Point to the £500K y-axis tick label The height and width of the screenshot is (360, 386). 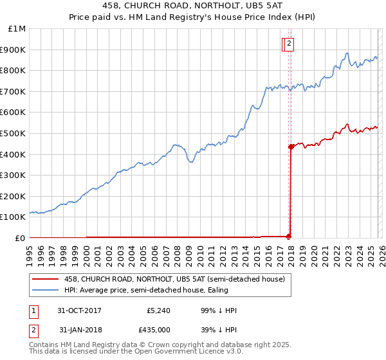pyautogui.click(x=13, y=134)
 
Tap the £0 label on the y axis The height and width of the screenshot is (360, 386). pyautogui.click(x=21, y=238)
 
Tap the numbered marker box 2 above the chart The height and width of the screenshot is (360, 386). pyautogui.click(x=289, y=44)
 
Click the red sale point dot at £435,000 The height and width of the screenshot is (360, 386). pyautogui.click(x=291, y=147)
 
